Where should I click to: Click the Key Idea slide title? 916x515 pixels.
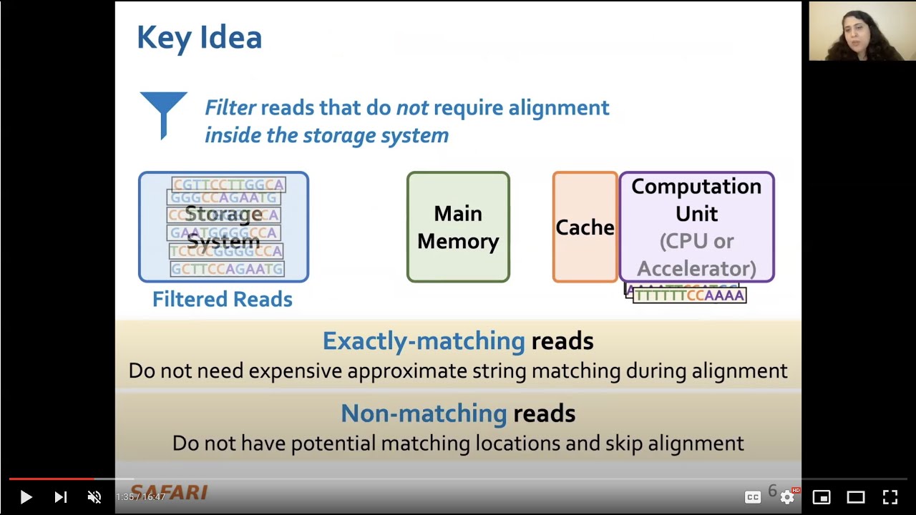199,37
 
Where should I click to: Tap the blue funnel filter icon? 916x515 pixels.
164,113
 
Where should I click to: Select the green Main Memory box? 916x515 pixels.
458,227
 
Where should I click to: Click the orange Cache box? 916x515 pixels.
585,227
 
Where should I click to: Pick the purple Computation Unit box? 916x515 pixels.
696,227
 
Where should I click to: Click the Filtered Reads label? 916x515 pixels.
222,299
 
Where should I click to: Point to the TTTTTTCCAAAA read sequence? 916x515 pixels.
689,295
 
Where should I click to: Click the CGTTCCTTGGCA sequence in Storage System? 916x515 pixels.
228,185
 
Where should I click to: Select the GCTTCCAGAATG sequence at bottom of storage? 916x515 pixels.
227,269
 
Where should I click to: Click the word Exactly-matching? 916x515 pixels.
424,340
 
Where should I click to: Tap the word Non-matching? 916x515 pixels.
424,413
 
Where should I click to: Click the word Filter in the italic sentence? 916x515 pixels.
230,108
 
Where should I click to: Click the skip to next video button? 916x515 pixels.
61,496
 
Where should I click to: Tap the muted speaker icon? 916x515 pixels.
94,496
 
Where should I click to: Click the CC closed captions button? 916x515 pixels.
753,496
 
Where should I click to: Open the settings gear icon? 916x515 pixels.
787,496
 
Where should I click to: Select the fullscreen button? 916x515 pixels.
890,496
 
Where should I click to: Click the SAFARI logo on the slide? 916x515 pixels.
169,492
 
